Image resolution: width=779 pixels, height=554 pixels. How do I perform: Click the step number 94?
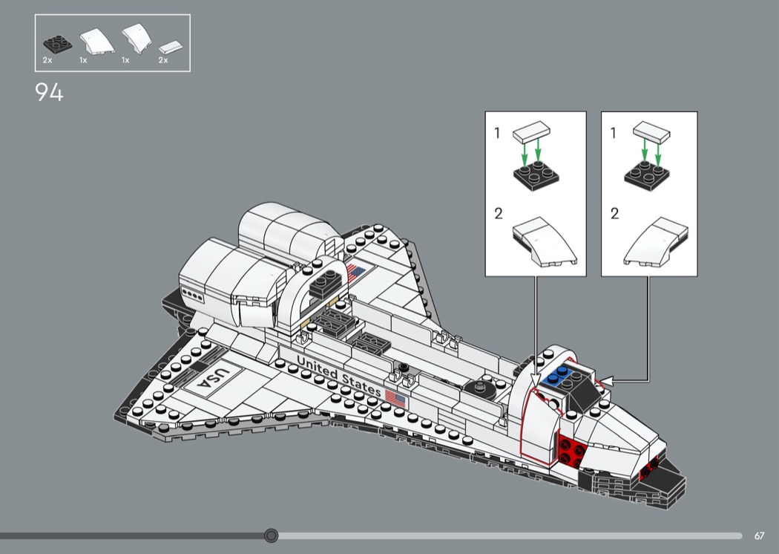(49, 93)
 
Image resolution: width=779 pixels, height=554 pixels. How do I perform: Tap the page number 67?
(759, 535)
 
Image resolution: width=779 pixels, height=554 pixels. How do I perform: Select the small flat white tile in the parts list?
(171, 48)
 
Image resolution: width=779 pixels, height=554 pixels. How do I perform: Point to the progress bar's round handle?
(271, 535)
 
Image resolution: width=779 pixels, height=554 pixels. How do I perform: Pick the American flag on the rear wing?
(356, 273)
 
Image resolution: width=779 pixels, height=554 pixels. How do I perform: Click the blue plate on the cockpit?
(559, 377)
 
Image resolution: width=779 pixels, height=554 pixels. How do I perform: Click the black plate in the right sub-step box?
(646, 175)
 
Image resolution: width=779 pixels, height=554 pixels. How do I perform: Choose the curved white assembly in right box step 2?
(656, 241)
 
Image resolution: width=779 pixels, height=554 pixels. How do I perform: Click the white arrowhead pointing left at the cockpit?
(607, 382)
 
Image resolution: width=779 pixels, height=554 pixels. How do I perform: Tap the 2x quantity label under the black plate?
(47, 60)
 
